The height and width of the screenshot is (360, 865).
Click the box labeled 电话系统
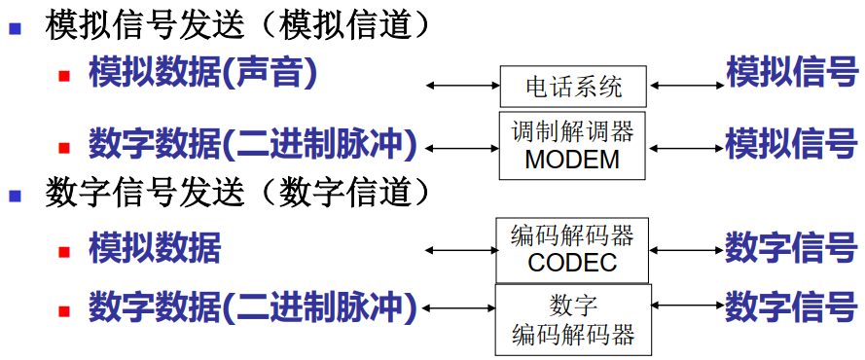point(573,88)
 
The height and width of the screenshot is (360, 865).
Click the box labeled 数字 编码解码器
point(573,319)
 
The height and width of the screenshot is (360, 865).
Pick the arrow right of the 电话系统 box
point(685,87)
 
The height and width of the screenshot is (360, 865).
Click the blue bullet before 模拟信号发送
point(16,27)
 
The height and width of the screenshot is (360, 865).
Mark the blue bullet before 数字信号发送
point(16,196)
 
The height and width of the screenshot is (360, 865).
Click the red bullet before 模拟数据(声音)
point(64,75)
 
